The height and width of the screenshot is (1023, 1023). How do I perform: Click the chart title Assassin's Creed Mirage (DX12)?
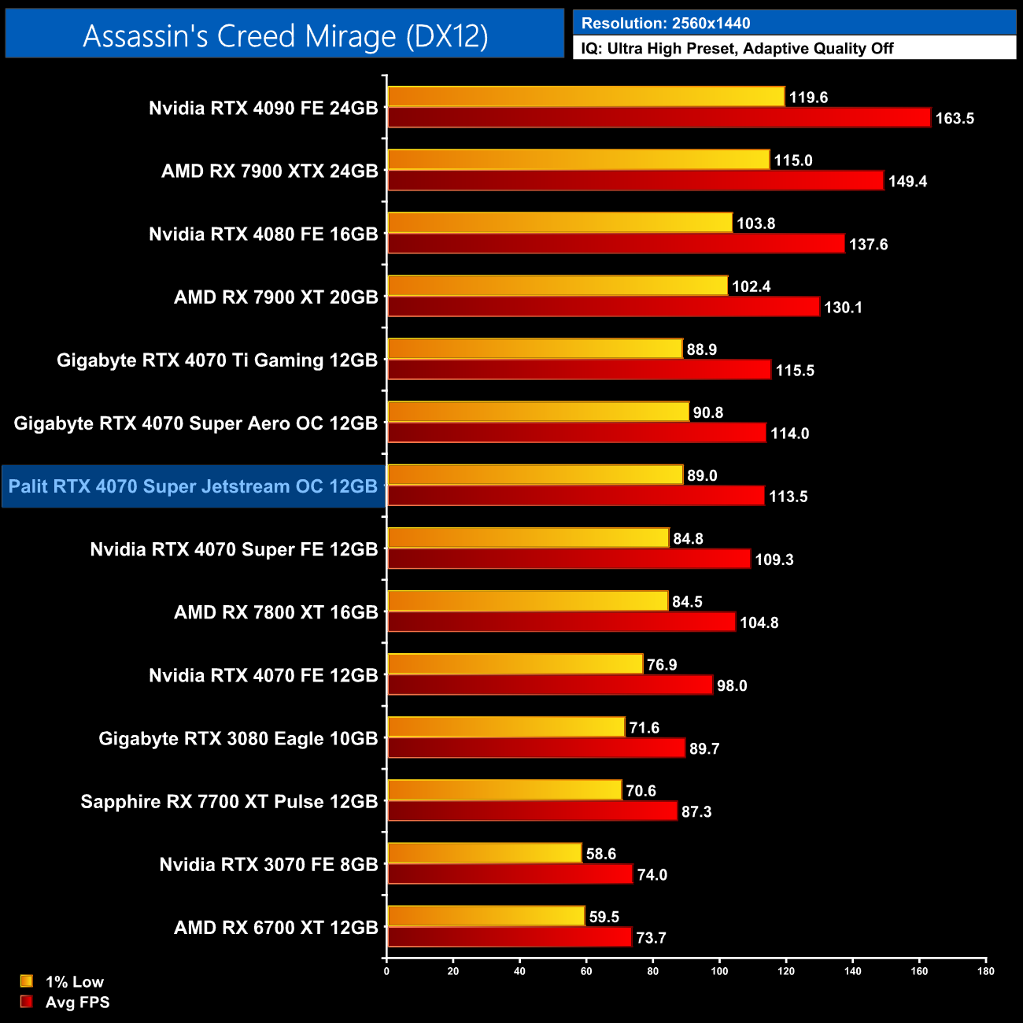point(285,36)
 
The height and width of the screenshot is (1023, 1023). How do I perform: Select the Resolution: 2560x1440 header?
point(665,24)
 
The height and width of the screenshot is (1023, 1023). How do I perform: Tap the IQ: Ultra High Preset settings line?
point(737,49)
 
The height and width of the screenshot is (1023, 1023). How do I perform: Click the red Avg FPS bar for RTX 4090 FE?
point(659,118)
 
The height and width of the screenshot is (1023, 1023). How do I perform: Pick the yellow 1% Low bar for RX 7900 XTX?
point(578,160)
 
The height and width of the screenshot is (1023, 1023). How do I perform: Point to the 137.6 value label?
point(868,245)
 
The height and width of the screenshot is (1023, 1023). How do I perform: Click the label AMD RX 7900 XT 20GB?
point(275,297)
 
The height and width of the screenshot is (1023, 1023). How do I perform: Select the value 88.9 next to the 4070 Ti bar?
point(701,349)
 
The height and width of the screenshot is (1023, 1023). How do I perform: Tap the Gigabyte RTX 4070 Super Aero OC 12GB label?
point(196,423)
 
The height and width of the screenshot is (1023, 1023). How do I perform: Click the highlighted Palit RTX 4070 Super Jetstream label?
point(193,486)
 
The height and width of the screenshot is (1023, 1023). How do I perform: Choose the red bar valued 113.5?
point(575,496)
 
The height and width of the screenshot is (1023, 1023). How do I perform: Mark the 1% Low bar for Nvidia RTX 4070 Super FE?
point(528,538)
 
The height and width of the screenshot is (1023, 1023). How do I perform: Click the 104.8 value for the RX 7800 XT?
point(759,623)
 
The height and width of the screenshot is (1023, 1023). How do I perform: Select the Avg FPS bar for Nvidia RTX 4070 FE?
point(550,685)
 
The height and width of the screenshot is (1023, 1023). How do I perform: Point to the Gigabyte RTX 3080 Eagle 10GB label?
point(238,739)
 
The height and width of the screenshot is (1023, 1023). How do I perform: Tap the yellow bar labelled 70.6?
point(504,790)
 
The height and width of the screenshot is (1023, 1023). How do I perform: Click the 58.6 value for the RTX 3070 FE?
point(600,854)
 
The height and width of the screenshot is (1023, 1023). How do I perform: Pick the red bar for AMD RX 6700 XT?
point(509,937)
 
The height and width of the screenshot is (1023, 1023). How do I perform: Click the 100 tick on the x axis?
point(719,971)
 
